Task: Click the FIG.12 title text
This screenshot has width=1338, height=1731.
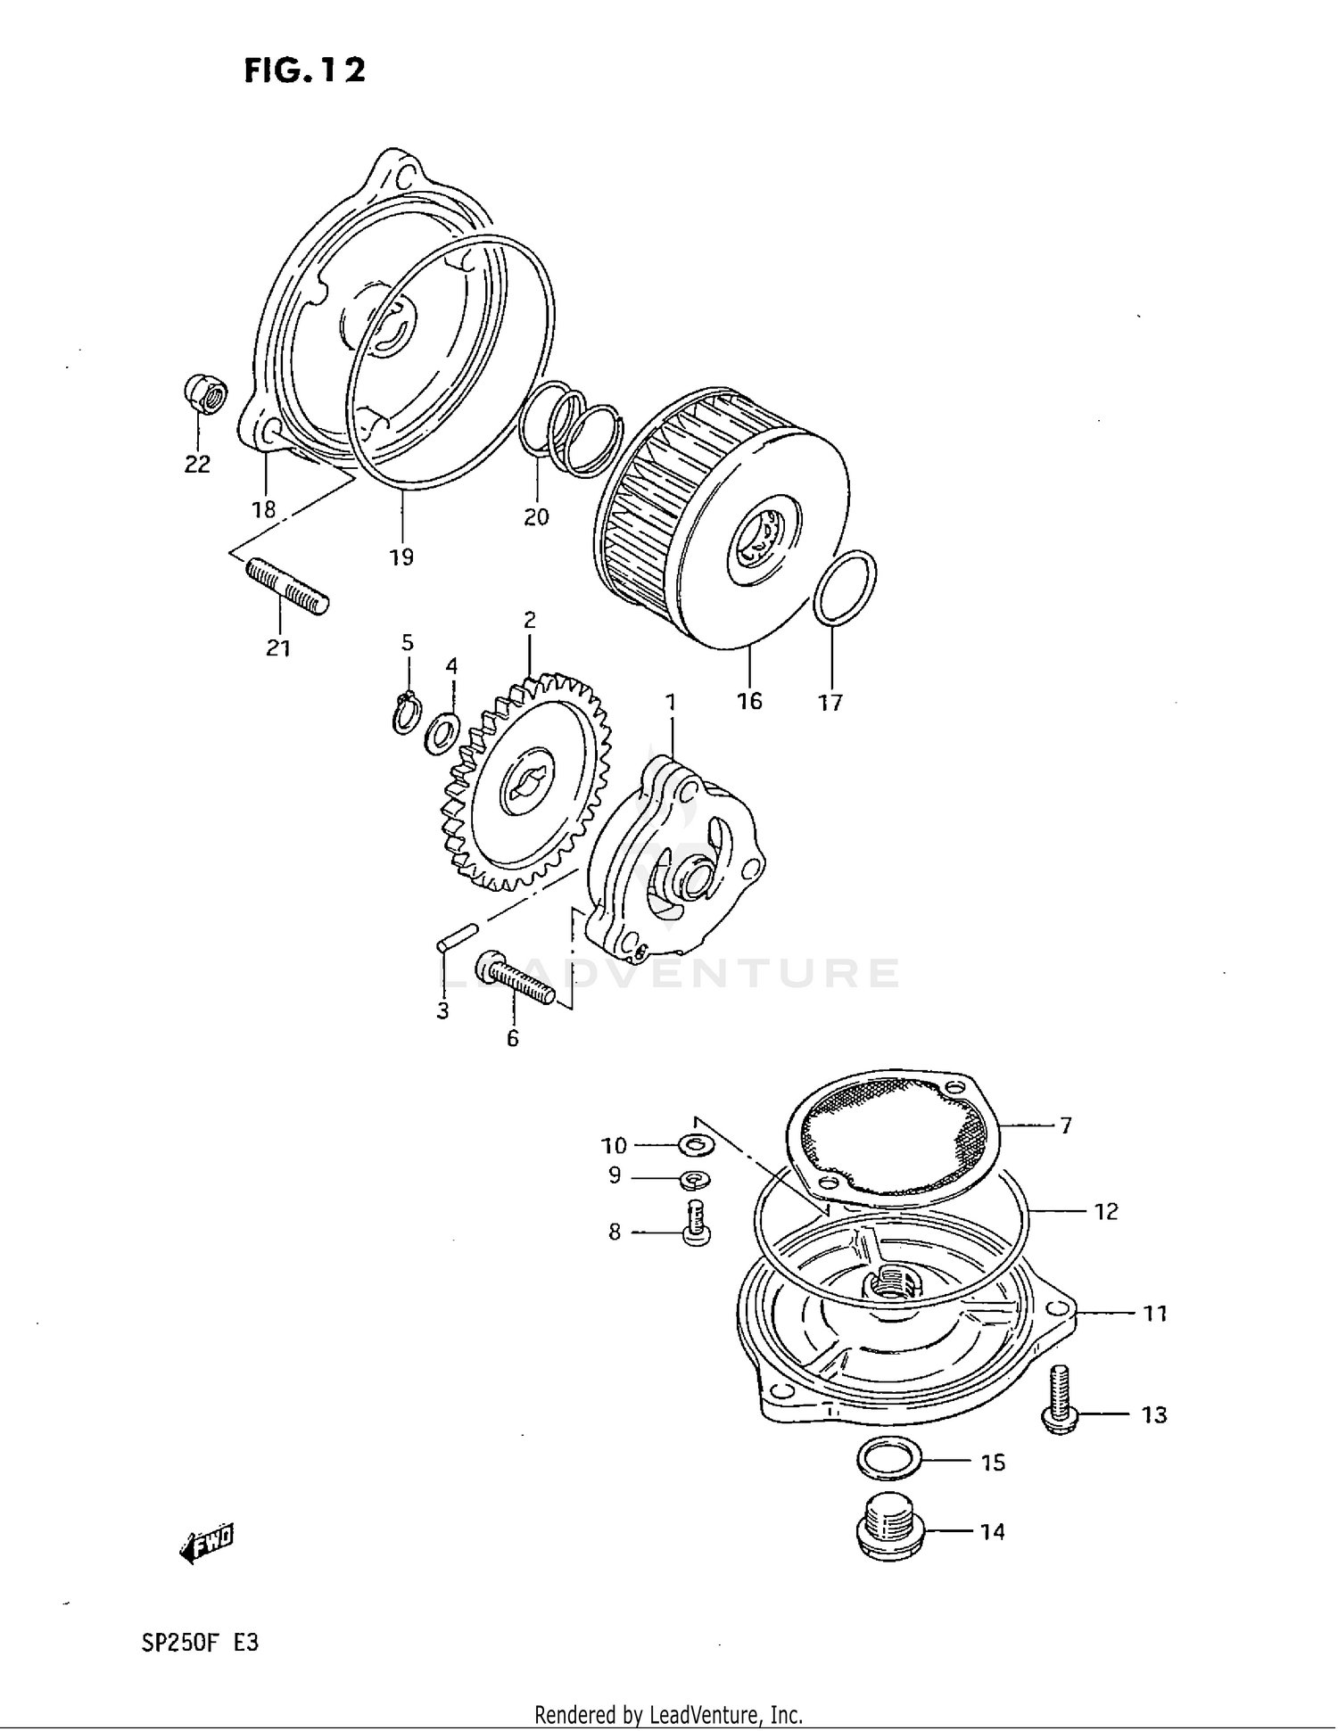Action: pyautogui.click(x=304, y=70)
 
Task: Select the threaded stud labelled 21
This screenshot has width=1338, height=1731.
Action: pyautogui.click(x=286, y=586)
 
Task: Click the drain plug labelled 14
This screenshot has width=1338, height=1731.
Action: pyautogui.click(x=888, y=1530)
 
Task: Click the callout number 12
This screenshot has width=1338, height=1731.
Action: pyautogui.click(x=1106, y=1211)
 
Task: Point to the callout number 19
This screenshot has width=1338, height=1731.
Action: pyautogui.click(x=401, y=557)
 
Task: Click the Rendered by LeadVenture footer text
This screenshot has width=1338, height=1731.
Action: pyautogui.click(x=668, y=1714)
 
